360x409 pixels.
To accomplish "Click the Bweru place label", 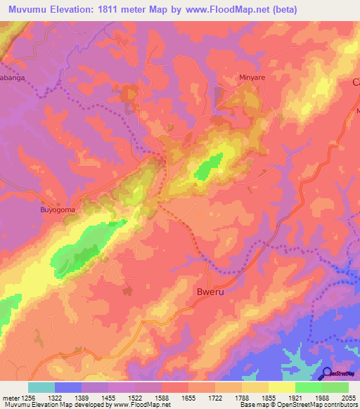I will pos(210,291).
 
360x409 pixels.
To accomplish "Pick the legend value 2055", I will pos(348,398).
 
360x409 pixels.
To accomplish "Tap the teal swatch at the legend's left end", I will pos(41,387).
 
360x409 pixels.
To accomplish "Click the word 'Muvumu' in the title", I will pos(28,10).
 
